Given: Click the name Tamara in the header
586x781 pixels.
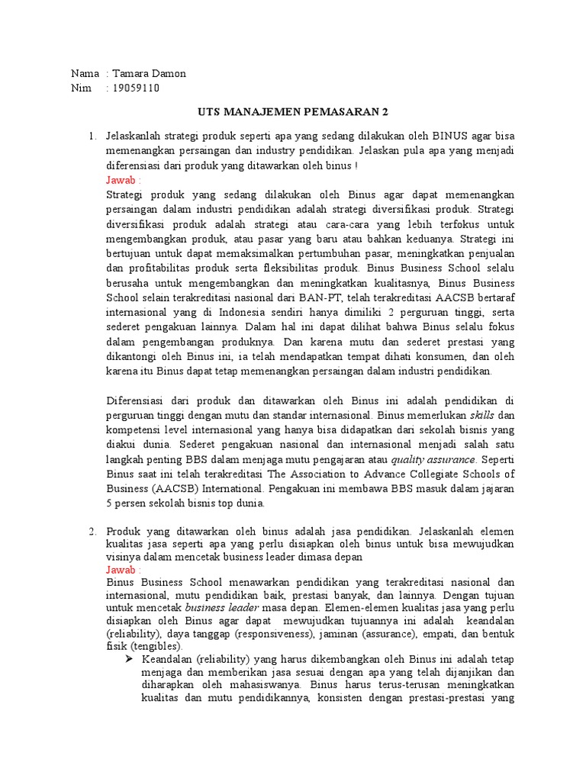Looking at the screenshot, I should pyautogui.click(x=131, y=74).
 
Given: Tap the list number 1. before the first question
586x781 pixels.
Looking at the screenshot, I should pyautogui.click(x=92, y=137).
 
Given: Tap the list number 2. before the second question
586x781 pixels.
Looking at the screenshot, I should pyautogui.click(x=92, y=531).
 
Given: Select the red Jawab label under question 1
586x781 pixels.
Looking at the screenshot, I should pyautogui.click(x=124, y=181).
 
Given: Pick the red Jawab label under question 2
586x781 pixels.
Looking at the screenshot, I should pyautogui.click(x=124, y=570).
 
